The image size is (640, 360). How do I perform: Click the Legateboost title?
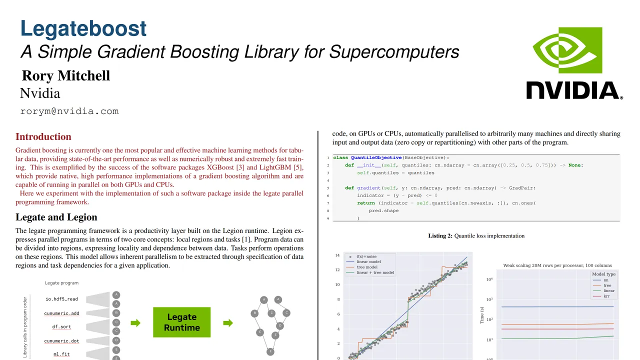coord(83,28)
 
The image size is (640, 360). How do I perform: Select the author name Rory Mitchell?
coord(65,75)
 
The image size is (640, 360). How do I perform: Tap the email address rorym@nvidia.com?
coord(69,111)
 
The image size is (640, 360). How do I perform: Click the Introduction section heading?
coord(43,136)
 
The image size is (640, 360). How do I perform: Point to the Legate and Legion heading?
coord(56,217)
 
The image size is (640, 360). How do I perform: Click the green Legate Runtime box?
coord(181,322)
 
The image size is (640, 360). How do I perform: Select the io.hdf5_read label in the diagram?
coord(61,299)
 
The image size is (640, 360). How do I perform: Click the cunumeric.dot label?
coord(61,341)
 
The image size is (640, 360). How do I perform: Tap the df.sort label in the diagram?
coord(61,326)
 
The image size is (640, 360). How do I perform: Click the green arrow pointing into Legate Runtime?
coord(135,323)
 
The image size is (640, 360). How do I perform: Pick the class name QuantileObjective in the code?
coord(376,157)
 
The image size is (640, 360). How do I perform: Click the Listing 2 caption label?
coord(440,235)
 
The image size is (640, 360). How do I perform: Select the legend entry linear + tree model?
coord(375,272)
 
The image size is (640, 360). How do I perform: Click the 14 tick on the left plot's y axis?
coord(337,255)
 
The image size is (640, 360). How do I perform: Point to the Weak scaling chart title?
coord(557,265)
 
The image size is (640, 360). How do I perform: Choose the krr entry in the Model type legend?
coord(606,296)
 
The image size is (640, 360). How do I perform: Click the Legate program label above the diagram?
coord(61,283)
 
